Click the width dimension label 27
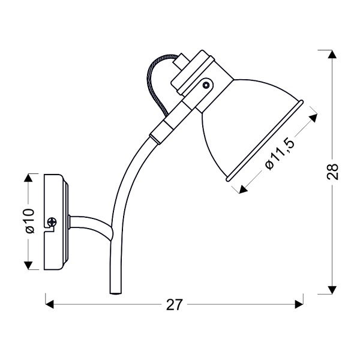174,305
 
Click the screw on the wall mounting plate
52,223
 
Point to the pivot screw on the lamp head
206,85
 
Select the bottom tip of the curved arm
114,292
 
